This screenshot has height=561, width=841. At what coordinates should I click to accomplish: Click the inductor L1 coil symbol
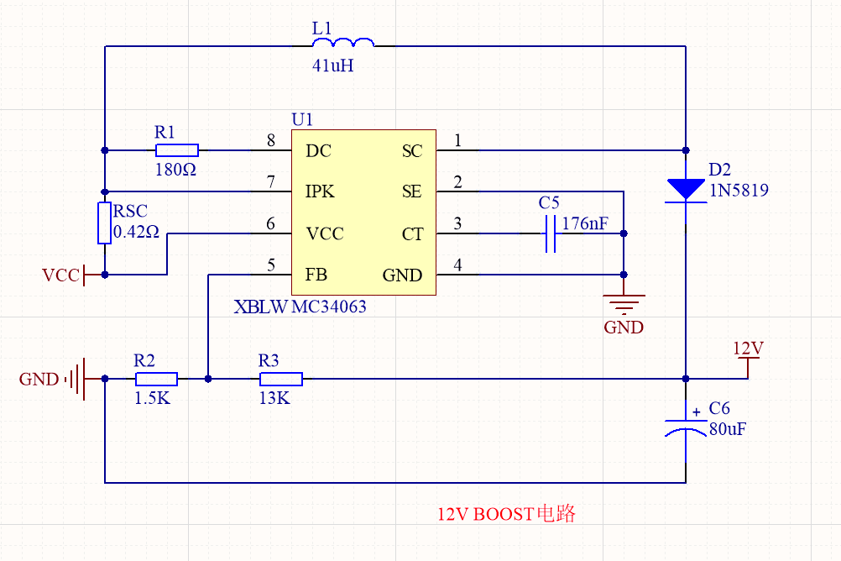pyautogui.click(x=343, y=42)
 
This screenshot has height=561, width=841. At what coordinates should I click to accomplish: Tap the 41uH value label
pyautogui.click(x=332, y=66)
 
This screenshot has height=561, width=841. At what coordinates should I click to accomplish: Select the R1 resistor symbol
pyautogui.click(x=177, y=150)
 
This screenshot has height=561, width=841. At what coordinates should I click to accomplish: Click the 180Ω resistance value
pyautogui.click(x=175, y=170)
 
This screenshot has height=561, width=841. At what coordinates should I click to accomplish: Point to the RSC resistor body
pyautogui.click(x=104, y=223)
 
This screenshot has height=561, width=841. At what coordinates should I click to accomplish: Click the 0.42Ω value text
pyautogui.click(x=136, y=232)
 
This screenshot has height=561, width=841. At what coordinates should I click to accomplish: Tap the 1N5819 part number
pyautogui.click(x=739, y=190)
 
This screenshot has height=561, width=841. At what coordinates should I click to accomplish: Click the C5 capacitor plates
pyautogui.click(x=551, y=233)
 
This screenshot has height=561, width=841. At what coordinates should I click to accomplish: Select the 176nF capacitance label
pyautogui.click(x=585, y=223)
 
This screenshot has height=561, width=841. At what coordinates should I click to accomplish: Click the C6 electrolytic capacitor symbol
pyautogui.click(x=686, y=427)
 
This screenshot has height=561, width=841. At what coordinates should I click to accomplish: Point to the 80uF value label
pyautogui.click(x=728, y=429)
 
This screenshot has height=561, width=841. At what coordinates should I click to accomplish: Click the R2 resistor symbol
pyautogui.click(x=157, y=379)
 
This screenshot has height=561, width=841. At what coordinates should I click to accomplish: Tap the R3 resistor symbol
pyautogui.click(x=281, y=379)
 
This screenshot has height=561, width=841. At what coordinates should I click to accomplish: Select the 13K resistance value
pyautogui.click(x=274, y=398)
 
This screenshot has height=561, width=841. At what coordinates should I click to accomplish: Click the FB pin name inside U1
pyautogui.click(x=316, y=275)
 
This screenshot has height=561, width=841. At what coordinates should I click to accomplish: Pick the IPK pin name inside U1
pyautogui.click(x=320, y=191)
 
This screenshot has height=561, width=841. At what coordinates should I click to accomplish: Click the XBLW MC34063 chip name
pyautogui.click(x=300, y=307)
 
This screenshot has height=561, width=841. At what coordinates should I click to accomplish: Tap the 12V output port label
pyautogui.click(x=748, y=349)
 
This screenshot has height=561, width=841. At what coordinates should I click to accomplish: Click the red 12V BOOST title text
pyautogui.click(x=506, y=514)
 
